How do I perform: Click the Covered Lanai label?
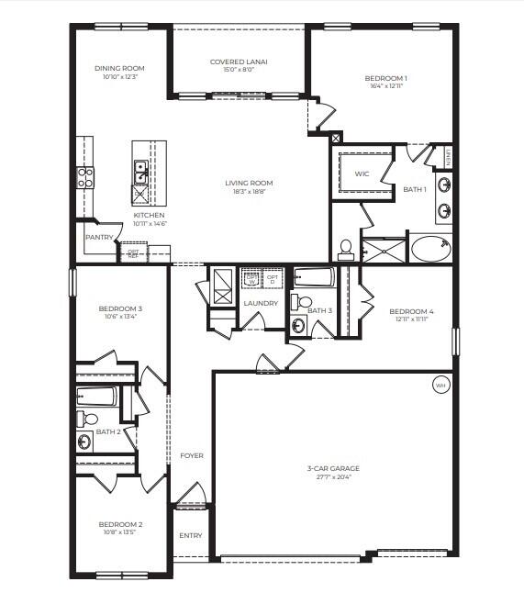tap(239, 62)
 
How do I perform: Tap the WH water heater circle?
tap(440, 386)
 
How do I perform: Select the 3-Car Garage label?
tap(329, 468)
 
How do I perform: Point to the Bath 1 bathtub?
tap(429, 247)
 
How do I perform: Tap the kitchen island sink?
tap(141, 167)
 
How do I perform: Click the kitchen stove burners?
tap(84, 176)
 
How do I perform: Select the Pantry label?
tap(98, 238)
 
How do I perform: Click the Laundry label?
tap(262, 303)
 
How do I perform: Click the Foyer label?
tap(192, 455)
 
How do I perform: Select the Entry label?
tap(191, 535)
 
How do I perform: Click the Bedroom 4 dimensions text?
tap(411, 319)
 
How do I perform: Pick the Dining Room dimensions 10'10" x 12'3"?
tap(120, 76)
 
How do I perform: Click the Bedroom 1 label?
tap(385, 78)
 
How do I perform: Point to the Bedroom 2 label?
tap(120, 524)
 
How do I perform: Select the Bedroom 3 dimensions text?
tap(120, 317)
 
